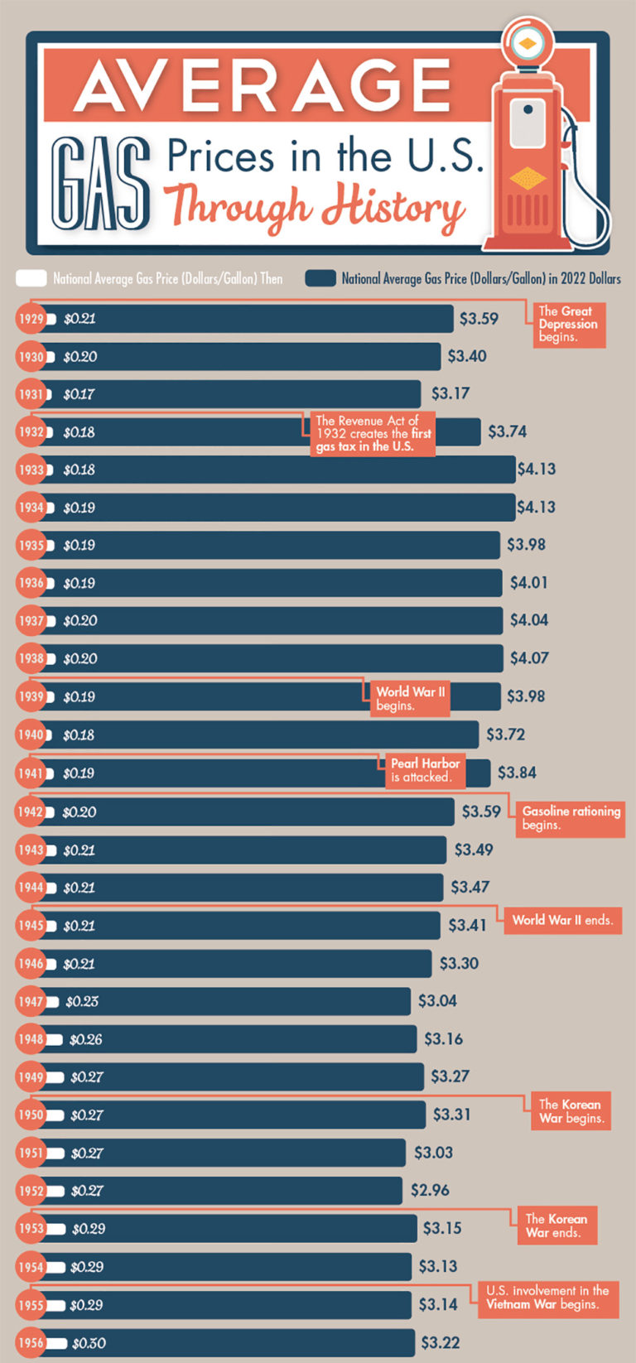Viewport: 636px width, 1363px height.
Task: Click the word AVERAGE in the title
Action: click(263, 84)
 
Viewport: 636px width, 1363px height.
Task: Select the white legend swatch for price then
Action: click(31, 278)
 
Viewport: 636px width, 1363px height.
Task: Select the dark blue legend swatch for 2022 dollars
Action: click(320, 278)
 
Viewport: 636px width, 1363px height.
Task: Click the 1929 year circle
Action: click(31, 319)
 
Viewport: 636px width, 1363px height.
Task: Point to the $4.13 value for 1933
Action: click(537, 470)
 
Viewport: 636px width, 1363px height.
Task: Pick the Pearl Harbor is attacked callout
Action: click(424, 770)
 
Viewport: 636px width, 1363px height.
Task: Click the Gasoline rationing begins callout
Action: click(570, 818)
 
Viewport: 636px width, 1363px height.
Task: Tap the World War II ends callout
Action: click(561, 920)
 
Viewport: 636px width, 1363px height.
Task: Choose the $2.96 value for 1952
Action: click(430, 1190)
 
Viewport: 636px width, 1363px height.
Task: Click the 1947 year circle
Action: click(31, 1001)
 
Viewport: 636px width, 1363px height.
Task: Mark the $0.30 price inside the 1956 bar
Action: click(89, 1343)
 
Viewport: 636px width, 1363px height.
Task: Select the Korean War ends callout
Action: click(556, 1226)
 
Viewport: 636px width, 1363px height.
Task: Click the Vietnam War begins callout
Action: click(547, 1298)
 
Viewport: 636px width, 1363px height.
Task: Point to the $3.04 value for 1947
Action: click(437, 1001)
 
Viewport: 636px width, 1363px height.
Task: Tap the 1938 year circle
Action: click(31, 658)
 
